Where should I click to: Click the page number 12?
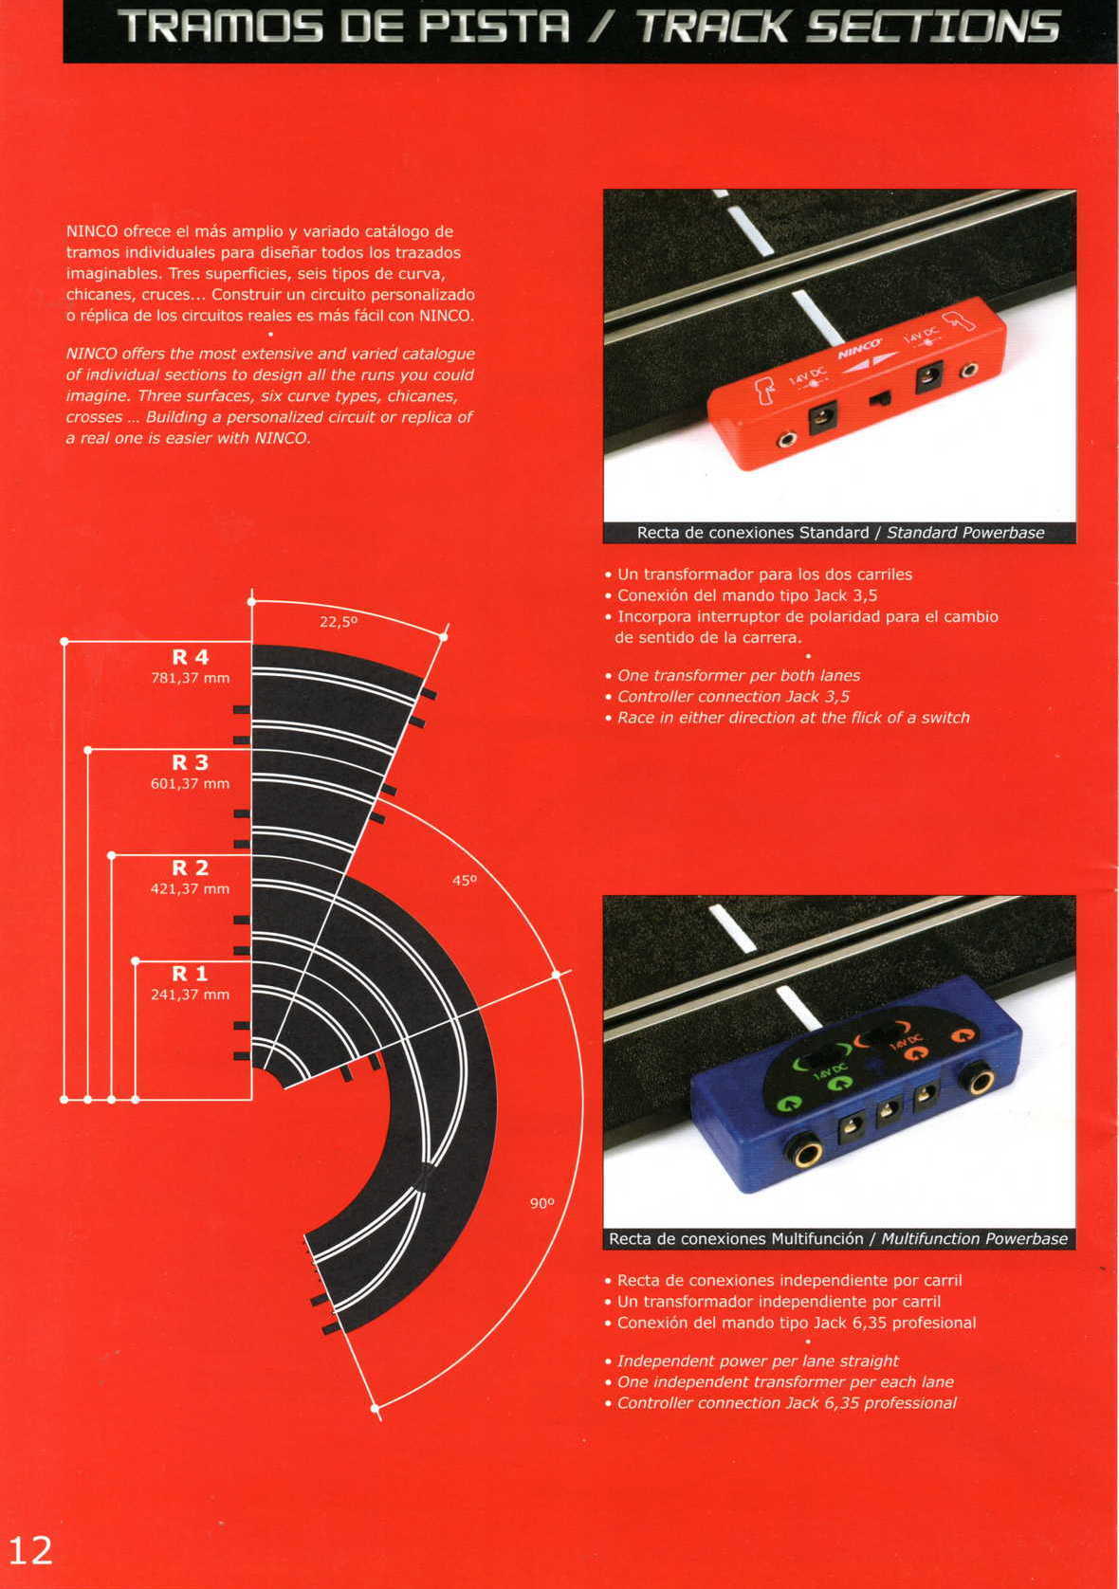click(30, 1549)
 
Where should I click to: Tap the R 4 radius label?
click(190, 657)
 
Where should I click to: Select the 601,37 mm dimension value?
click(190, 783)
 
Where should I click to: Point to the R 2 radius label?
click(190, 868)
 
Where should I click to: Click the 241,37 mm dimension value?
click(190, 995)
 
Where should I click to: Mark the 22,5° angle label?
click(339, 622)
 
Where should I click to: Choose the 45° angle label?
click(464, 880)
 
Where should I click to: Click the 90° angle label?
click(541, 1203)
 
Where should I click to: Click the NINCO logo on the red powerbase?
click(859, 349)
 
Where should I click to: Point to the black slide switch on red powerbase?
click(879, 397)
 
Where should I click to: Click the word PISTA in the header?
click(495, 27)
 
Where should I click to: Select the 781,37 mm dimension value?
click(190, 678)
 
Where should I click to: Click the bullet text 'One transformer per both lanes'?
click(738, 675)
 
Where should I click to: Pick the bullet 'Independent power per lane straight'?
click(757, 1361)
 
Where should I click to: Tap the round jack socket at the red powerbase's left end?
click(786, 440)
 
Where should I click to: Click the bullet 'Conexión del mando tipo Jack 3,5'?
click(746, 595)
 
